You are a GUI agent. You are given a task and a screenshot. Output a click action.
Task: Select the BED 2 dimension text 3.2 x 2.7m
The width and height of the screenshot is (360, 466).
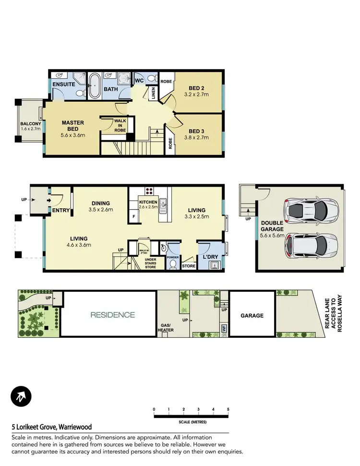coord(196,95)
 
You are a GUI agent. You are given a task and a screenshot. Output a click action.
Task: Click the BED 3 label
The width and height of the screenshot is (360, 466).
coord(196,131)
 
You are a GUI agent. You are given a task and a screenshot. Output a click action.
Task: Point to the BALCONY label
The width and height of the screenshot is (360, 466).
coord(31,124)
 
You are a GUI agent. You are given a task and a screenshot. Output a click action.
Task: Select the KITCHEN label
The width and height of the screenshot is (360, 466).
coord(148,203)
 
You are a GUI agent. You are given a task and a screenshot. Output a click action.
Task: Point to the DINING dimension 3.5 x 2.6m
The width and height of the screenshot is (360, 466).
coord(101,210)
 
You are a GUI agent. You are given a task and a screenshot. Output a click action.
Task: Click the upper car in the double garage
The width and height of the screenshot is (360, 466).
coord(311,209)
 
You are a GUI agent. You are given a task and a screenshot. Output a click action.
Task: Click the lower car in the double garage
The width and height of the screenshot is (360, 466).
coord(311,244)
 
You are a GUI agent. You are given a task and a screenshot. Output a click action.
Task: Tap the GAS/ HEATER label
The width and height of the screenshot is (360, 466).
coord(166,327)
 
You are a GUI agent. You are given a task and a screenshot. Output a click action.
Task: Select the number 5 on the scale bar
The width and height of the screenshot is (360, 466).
coord(228,409)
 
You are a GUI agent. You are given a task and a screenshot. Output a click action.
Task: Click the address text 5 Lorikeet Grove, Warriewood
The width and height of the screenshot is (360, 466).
coord(52,427)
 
